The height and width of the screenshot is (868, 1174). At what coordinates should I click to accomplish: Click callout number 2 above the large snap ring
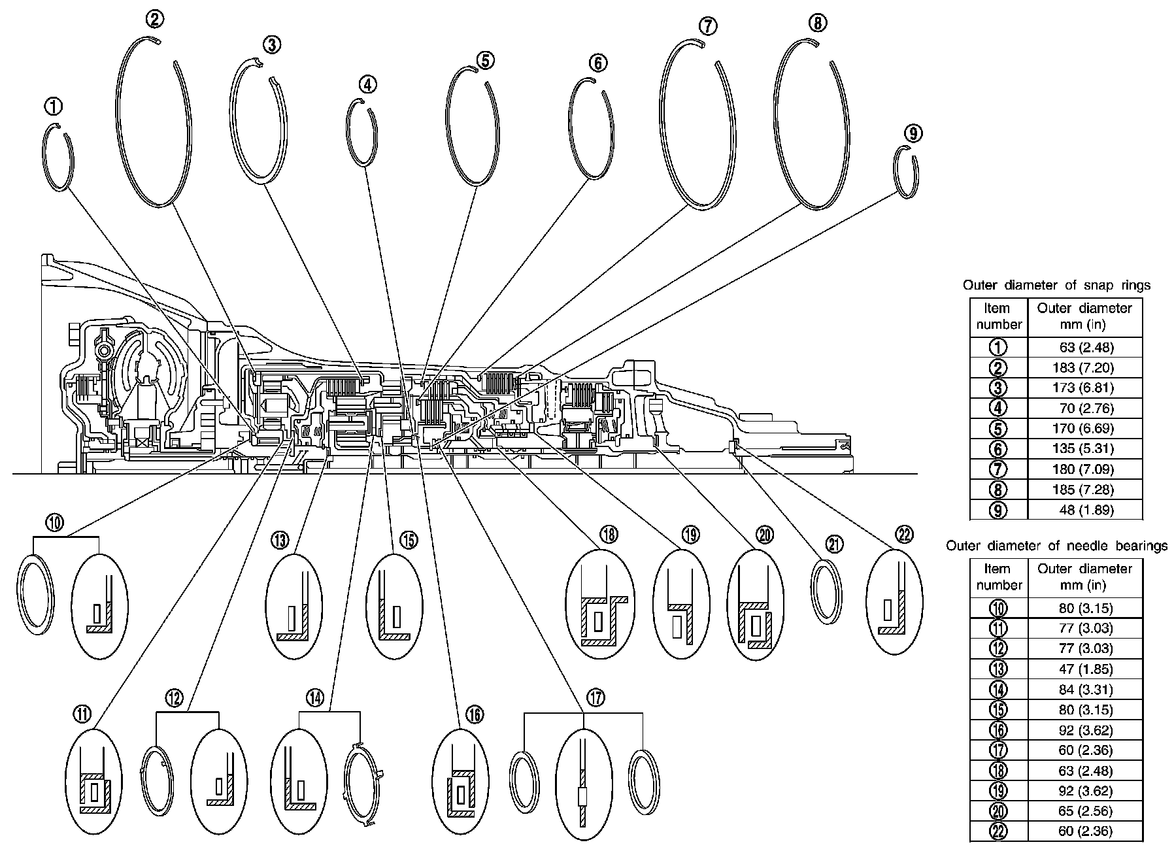point(154,19)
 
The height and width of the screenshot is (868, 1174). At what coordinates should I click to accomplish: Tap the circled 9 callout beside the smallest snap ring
point(913,133)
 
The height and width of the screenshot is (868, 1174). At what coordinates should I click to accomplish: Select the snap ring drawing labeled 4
point(361,133)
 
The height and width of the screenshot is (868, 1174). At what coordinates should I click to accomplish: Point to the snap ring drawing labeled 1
point(58,158)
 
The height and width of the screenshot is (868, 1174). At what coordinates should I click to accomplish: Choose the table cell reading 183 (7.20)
point(1084,367)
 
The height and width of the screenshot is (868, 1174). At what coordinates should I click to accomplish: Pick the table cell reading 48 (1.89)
point(1084,510)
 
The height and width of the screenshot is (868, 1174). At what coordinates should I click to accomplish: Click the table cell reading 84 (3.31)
point(1084,689)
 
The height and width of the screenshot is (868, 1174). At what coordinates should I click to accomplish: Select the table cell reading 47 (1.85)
point(1084,669)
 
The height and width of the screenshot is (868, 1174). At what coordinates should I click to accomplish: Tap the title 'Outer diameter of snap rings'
point(1056,285)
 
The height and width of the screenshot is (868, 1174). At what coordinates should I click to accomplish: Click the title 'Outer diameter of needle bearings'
point(1056,545)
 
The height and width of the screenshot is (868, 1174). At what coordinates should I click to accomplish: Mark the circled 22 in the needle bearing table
point(998,831)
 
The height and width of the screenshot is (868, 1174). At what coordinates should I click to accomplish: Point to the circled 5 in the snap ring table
point(998,428)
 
